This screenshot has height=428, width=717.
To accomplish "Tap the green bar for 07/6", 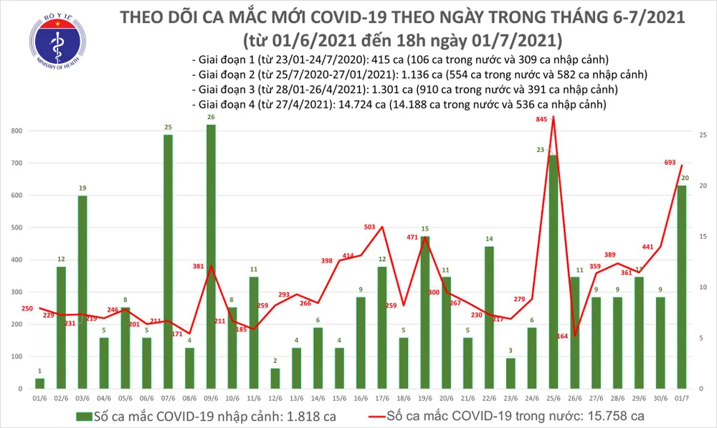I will tap(168, 262).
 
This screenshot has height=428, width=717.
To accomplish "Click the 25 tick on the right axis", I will tap(703, 135).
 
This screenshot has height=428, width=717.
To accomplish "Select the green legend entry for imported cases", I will tap(200, 416).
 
